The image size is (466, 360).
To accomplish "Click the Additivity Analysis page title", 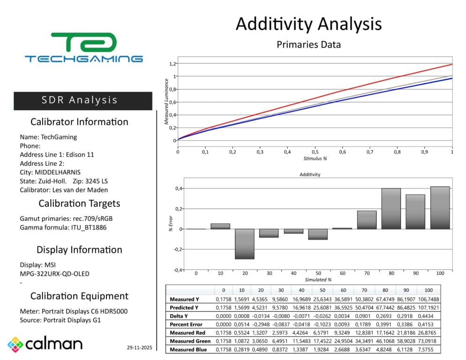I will [308, 23].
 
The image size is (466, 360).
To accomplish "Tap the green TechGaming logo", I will [84, 47].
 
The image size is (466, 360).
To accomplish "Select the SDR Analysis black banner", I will [83, 100].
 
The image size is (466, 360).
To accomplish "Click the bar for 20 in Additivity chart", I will [244, 244].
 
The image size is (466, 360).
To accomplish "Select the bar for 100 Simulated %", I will [440, 208].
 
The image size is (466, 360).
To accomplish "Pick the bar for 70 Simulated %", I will [367, 220].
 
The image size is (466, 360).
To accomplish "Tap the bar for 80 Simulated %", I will [391, 209].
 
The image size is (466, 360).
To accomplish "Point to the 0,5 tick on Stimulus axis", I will [315, 152].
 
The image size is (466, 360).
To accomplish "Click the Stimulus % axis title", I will [315, 158].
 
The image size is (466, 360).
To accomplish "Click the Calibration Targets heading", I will [79, 203].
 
